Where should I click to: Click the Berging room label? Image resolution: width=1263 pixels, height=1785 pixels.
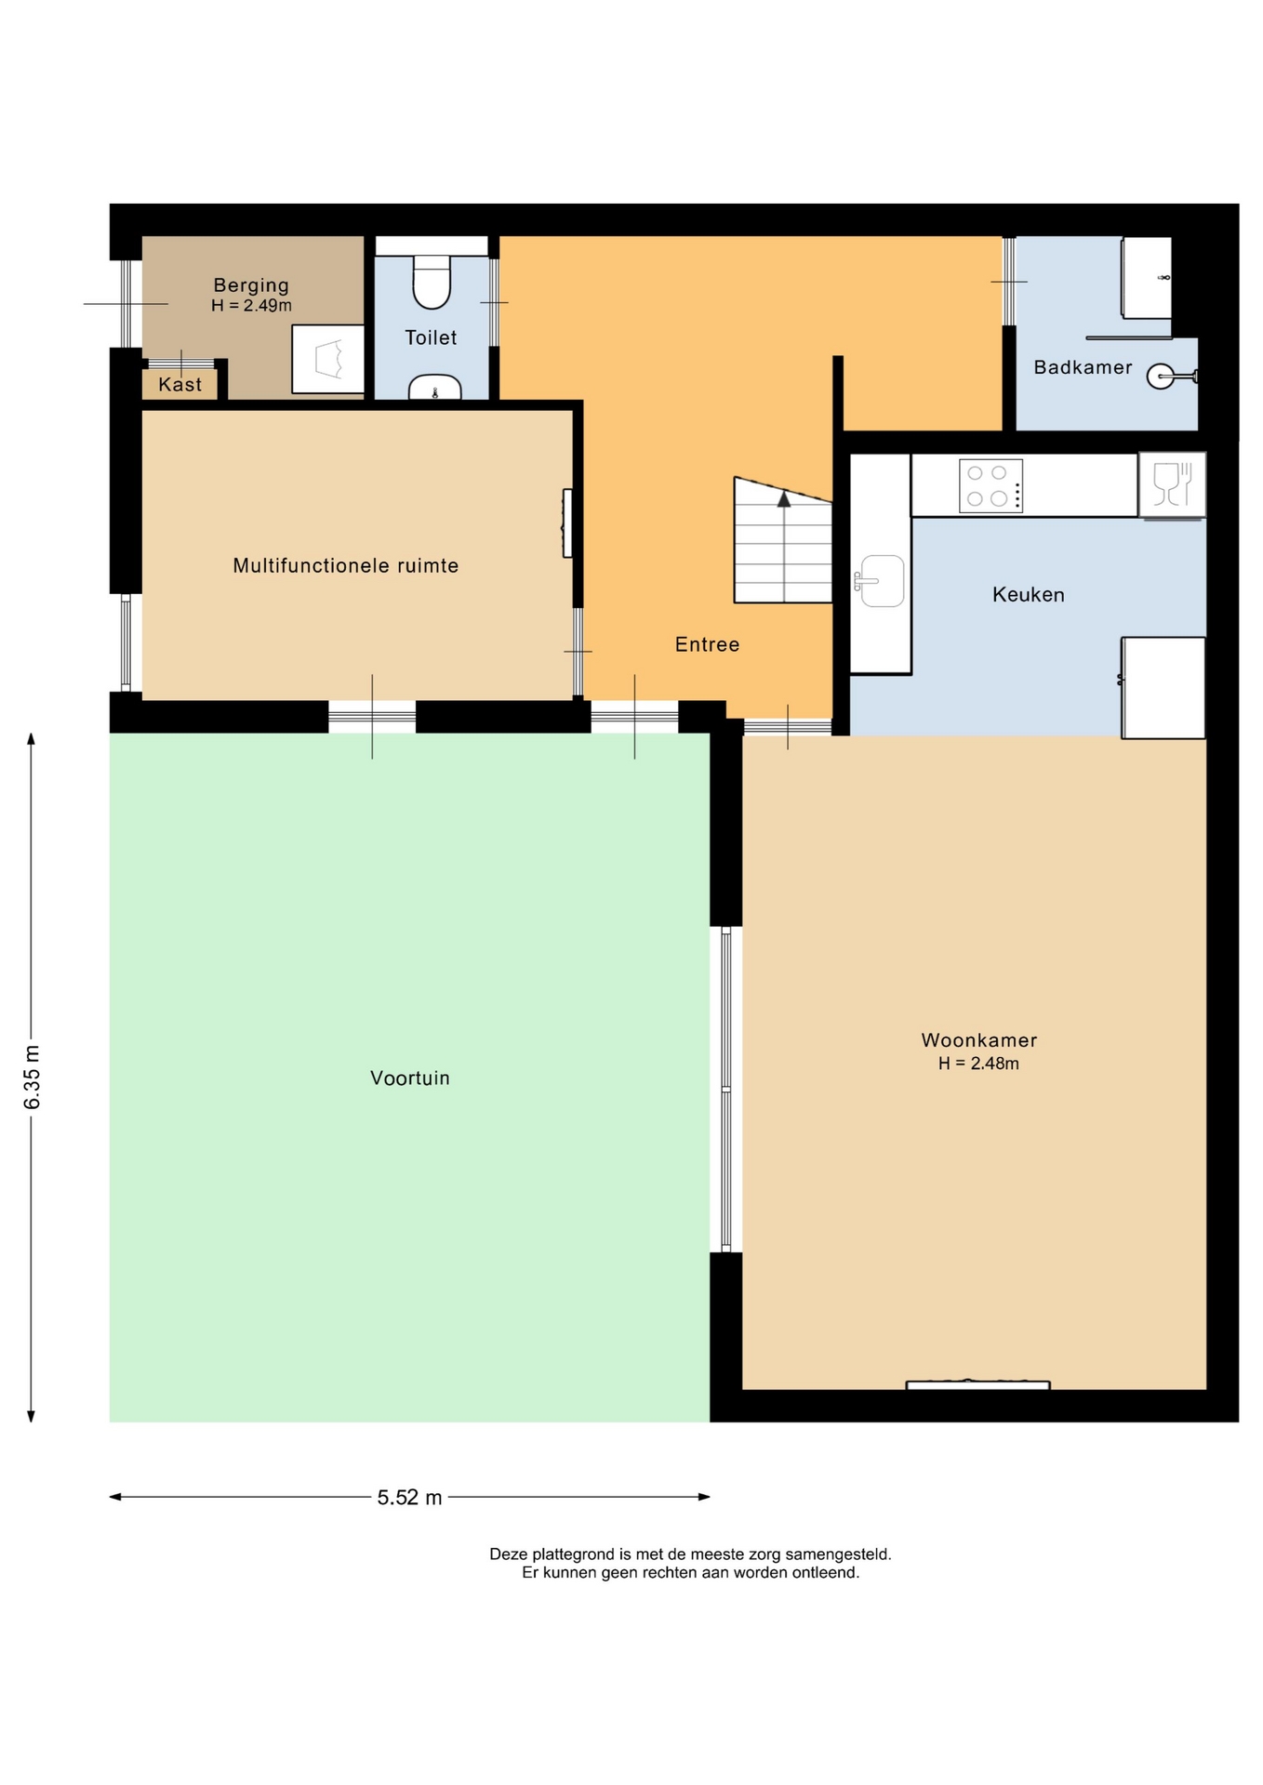[251, 285]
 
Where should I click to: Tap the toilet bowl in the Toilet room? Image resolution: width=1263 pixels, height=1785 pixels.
[432, 281]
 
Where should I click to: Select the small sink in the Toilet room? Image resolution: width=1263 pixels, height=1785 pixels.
[434, 387]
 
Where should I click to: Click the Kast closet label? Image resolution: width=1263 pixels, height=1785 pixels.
[179, 384]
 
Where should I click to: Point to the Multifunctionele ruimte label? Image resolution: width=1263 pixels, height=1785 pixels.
[346, 565]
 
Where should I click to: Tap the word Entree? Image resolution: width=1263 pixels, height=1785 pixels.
[707, 644]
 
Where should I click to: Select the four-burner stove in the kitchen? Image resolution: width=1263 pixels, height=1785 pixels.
[990, 485]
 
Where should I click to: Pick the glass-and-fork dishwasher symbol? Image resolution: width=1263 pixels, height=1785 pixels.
[1172, 484]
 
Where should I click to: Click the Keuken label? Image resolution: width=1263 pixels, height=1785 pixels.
[1028, 594]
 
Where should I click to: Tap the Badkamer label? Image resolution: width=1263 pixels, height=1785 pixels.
[1083, 367]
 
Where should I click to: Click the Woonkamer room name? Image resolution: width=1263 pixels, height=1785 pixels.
[978, 1040]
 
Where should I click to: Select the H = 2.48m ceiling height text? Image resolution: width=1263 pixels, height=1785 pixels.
[978, 1064]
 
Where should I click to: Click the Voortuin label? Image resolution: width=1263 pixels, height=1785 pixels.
[410, 1078]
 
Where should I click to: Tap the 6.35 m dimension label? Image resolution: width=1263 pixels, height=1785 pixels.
[33, 1077]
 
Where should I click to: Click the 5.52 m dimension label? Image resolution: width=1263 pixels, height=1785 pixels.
[409, 1497]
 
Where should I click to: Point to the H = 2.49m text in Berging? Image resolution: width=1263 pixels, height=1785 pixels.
[251, 306]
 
